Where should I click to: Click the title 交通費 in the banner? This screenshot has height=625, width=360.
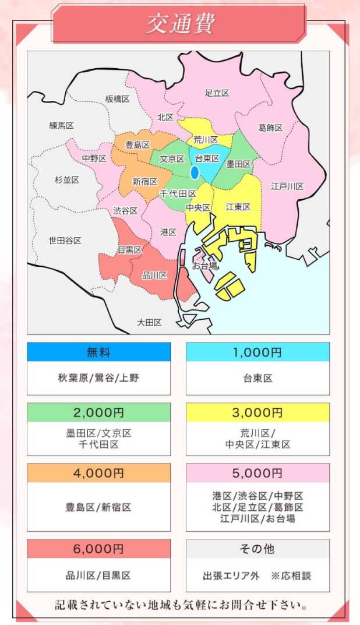(179, 24)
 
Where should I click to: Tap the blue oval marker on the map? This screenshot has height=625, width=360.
(195, 172)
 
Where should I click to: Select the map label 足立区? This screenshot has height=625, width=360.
(217, 93)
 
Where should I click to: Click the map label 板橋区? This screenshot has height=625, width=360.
(117, 99)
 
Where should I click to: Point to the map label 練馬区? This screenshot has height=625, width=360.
(61, 125)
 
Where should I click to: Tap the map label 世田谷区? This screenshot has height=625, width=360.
(65, 240)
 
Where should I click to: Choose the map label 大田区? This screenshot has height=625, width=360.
(149, 322)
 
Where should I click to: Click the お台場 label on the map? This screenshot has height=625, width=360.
(204, 266)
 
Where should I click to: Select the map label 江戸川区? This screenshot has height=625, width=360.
(287, 186)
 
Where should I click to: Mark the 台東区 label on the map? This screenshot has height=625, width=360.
(207, 158)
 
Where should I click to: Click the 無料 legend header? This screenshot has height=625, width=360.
(98, 352)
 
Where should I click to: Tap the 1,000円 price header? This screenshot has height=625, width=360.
(257, 352)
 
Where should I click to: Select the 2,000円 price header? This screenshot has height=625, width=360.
(98, 412)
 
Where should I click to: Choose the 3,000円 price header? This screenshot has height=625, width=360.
(257, 412)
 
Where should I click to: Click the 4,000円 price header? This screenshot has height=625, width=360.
(98, 473)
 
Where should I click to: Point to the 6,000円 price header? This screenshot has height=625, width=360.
(98, 549)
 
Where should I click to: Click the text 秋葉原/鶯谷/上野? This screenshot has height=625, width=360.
(98, 378)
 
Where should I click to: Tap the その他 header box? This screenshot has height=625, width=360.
(257, 549)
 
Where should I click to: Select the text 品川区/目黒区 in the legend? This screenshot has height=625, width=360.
(98, 575)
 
